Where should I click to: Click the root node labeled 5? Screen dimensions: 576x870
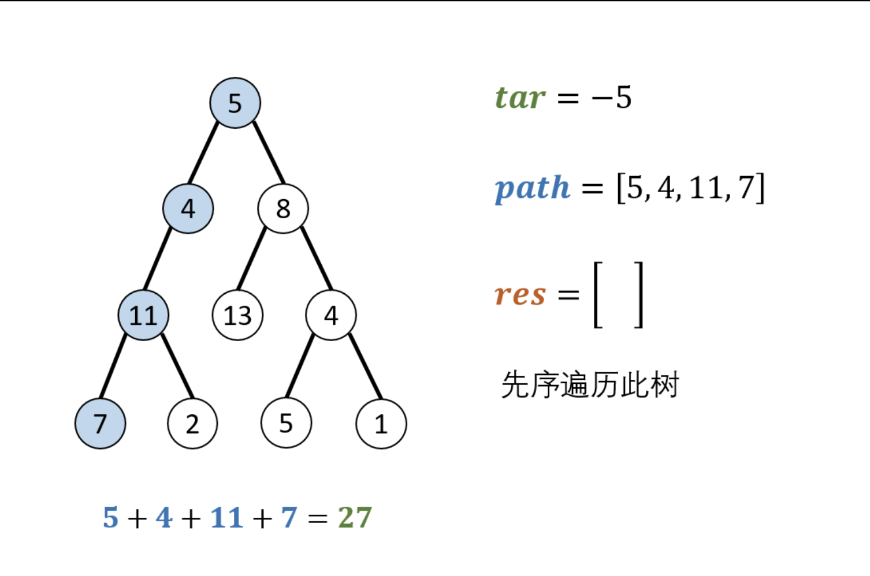click(235, 103)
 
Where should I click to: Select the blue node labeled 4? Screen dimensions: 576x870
click(188, 208)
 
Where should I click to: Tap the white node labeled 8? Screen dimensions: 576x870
click(282, 208)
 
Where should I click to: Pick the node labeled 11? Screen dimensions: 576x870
click(143, 315)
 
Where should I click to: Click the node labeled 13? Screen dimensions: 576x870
click(237, 315)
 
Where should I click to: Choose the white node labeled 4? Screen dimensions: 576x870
click(330, 315)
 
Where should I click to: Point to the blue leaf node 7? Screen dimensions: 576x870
click(100, 423)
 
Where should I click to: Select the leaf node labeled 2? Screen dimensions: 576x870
click(192, 424)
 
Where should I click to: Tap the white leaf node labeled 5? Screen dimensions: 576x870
click(286, 423)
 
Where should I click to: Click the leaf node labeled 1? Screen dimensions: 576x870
click(381, 424)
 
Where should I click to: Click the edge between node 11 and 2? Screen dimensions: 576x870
click(177, 366)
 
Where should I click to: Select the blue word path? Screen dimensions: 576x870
click(533, 188)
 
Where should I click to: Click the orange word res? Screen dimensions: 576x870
click(520, 294)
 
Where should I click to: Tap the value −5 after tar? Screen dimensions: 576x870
click(611, 97)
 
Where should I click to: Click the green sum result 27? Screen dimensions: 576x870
click(355, 517)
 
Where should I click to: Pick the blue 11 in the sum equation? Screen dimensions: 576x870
click(226, 517)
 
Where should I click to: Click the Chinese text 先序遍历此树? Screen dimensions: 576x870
click(590, 384)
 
